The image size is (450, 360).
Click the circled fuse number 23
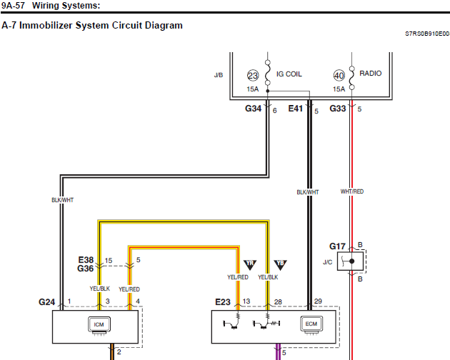(253, 76)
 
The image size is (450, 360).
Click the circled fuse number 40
(339, 75)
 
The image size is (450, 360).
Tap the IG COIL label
(289, 74)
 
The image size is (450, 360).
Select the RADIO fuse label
(371, 73)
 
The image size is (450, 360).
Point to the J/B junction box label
(219, 75)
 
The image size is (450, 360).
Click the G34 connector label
(253, 109)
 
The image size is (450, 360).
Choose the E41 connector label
(296, 109)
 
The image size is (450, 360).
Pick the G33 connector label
(337, 109)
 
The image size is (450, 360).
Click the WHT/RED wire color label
(352, 191)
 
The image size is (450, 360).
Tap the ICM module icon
(99, 326)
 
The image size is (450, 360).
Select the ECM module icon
(311, 325)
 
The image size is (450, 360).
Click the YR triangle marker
(250, 265)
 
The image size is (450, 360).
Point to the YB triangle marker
(280, 265)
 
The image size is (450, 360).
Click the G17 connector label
(337, 246)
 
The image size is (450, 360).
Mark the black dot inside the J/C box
(352, 261)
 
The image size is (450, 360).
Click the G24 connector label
(46, 302)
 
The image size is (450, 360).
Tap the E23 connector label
(223, 302)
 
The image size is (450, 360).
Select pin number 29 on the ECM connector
(318, 301)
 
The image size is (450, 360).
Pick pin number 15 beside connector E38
(109, 261)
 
